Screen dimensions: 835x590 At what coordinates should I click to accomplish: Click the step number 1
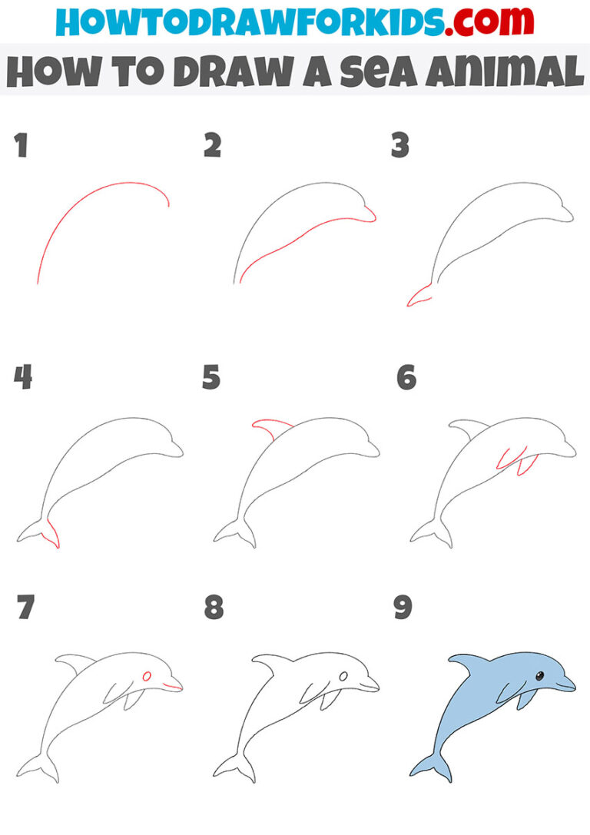(x=21, y=145)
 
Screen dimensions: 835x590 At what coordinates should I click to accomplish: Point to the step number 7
(x=25, y=608)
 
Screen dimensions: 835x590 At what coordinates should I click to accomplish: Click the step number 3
(x=399, y=145)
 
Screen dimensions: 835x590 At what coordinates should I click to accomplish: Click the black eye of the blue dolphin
(x=539, y=676)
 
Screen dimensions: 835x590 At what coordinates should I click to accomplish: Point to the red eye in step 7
(x=146, y=675)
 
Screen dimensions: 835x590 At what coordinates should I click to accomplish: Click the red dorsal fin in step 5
(x=270, y=424)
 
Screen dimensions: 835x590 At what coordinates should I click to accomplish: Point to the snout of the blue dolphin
(x=567, y=684)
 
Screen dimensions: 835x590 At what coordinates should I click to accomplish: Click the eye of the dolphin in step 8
(x=343, y=676)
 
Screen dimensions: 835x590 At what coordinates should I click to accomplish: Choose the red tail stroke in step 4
(x=52, y=532)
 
